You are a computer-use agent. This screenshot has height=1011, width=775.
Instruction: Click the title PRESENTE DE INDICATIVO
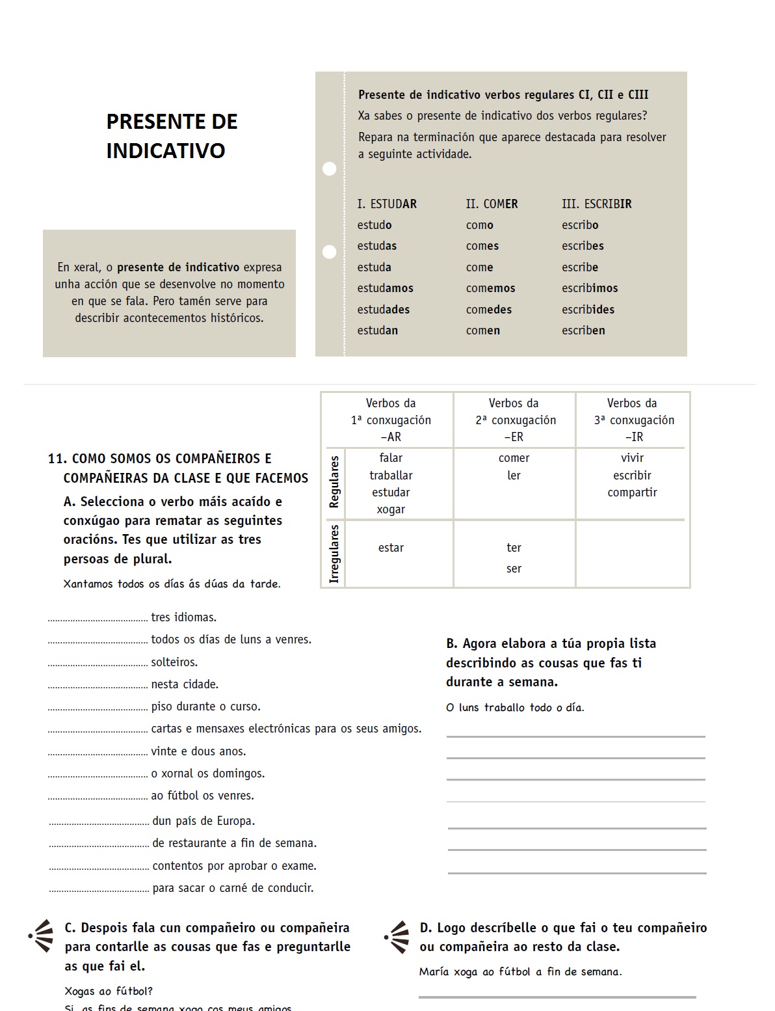click(x=172, y=136)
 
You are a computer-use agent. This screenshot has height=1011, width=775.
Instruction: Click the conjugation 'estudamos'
click(x=385, y=288)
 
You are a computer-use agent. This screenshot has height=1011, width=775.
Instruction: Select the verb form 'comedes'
click(x=489, y=310)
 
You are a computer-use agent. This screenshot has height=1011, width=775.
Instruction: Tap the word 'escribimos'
click(x=590, y=288)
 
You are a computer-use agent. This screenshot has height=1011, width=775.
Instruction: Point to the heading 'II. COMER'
click(x=492, y=204)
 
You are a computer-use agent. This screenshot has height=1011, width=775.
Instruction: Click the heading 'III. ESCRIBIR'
click(x=596, y=204)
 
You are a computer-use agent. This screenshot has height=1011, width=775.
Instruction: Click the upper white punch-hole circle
click(x=330, y=168)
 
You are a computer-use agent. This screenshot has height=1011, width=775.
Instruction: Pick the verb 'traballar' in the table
click(x=391, y=476)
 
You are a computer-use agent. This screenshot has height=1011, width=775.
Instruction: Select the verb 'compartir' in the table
click(x=632, y=492)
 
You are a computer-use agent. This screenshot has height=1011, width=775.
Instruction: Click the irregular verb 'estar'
click(x=391, y=548)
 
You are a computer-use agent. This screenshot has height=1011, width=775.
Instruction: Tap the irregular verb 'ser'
click(x=514, y=569)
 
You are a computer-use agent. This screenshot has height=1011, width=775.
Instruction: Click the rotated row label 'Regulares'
click(x=334, y=482)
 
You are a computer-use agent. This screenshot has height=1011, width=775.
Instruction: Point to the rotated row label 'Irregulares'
click(x=334, y=554)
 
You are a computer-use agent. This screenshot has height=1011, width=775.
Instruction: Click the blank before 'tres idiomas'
click(x=98, y=619)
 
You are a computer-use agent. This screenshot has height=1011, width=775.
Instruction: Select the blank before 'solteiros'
click(x=98, y=664)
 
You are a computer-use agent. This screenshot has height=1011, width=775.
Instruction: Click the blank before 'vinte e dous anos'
click(x=98, y=753)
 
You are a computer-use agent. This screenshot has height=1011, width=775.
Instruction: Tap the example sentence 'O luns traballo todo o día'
click(x=515, y=708)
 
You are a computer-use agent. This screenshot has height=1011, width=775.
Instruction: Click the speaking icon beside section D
click(x=397, y=937)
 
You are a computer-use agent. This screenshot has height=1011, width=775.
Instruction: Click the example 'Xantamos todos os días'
click(x=172, y=584)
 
